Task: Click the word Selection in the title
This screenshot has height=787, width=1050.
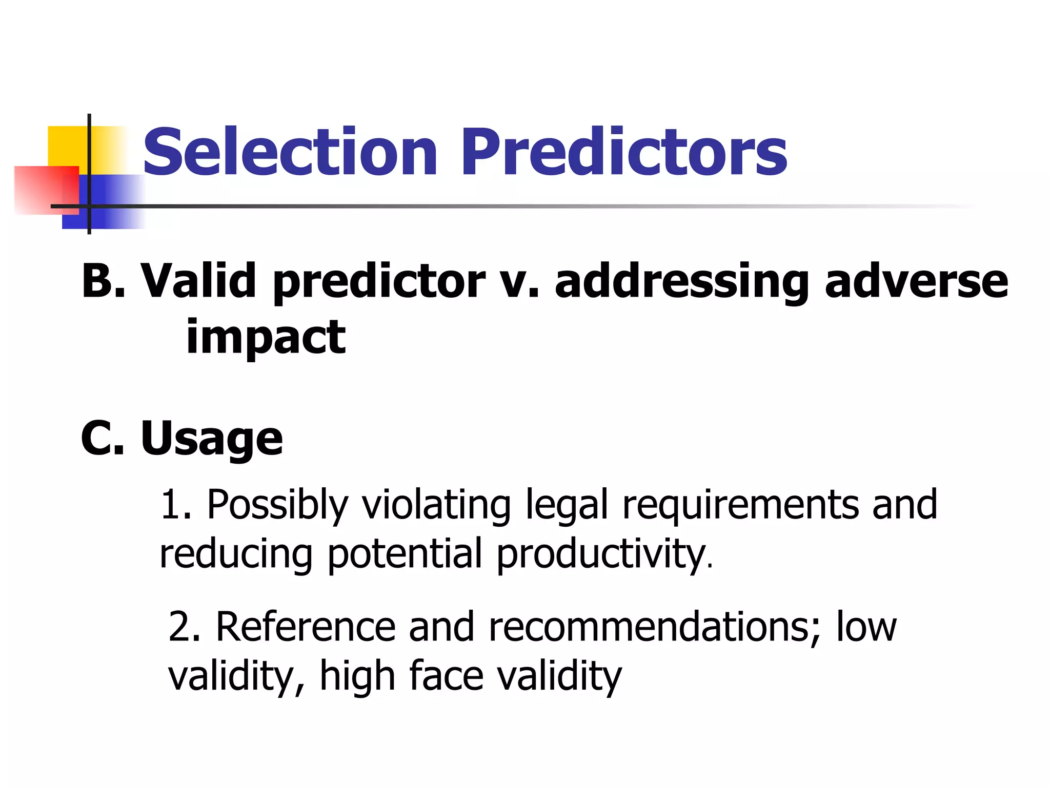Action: click(x=290, y=152)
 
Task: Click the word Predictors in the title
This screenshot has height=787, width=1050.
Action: click(x=624, y=152)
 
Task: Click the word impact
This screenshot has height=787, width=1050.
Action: click(x=265, y=338)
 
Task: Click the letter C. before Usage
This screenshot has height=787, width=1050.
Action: click(x=102, y=438)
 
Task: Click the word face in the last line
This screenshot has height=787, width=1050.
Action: click(x=447, y=676)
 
